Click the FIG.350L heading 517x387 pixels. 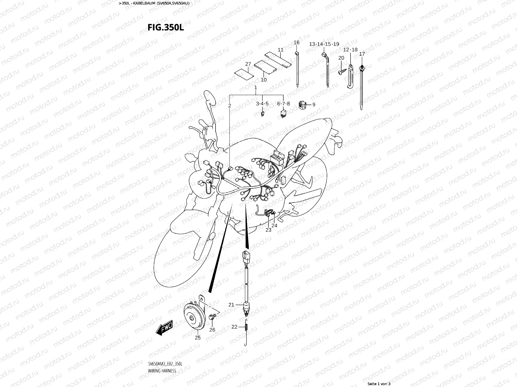(x=166, y=27)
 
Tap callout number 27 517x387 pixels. (x=248, y=64)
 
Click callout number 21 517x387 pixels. (x=231, y=304)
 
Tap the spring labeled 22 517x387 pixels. (x=246, y=327)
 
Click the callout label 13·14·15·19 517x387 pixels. (x=324, y=44)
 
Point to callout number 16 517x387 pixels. (x=296, y=43)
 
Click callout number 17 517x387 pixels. (x=362, y=54)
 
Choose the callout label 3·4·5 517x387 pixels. (x=262, y=104)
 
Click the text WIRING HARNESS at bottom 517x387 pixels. (x=162, y=371)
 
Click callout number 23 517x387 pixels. (x=269, y=230)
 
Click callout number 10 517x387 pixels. (x=264, y=80)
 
